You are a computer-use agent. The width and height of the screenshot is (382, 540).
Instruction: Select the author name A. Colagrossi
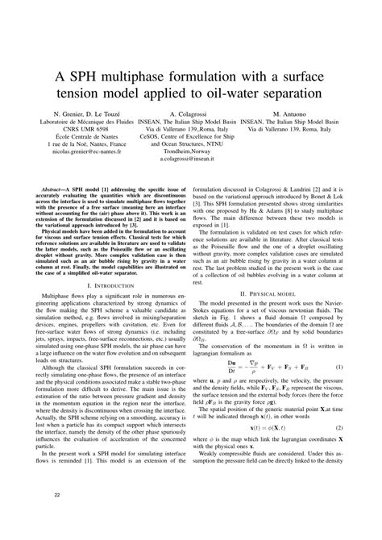pyautogui.click(x=191, y=114)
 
